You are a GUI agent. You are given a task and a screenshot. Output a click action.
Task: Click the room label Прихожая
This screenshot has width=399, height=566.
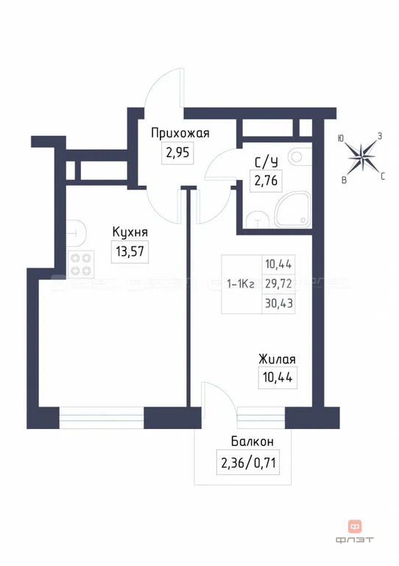[180, 133]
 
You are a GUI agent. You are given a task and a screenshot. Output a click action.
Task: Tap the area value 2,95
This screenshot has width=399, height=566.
[177, 153]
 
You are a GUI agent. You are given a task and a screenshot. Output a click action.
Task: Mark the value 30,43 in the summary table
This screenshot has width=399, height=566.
[278, 302]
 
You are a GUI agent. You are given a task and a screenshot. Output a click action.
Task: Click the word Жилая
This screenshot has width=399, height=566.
[277, 360]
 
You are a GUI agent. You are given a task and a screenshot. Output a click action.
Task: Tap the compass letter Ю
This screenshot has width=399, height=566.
[341, 138]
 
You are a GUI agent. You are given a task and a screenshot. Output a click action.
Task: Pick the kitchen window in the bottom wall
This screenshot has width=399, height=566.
[102, 417]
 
